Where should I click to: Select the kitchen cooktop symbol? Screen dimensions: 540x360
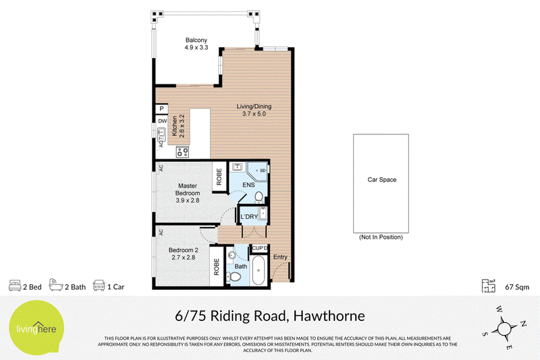coord(182,151)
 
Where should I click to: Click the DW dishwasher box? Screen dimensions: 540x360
coord(162,121)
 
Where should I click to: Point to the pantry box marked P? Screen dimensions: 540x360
coord(161,109)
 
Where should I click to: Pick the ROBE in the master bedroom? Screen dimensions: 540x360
coord(219,176)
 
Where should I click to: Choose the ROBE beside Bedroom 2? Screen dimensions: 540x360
coord(217,267)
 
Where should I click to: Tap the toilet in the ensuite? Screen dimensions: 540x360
coord(259,197)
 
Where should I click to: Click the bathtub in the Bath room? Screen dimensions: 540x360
coord(259,270)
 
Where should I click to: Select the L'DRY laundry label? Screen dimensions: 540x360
coord(249,217)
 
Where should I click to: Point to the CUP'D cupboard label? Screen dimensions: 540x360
coord(260,249)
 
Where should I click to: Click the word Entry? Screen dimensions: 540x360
coord(280,257)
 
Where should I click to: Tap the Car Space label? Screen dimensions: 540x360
coord(381,180)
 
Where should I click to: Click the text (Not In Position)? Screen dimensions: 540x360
coord(381,237)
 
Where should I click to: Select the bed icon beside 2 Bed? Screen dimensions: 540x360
coord(15,286)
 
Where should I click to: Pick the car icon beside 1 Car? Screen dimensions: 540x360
coord(99,286)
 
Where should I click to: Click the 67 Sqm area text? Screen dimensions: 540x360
coord(517,287)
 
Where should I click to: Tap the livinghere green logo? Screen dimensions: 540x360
coord(36,328)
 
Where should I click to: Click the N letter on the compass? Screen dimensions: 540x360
coord(523,323)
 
